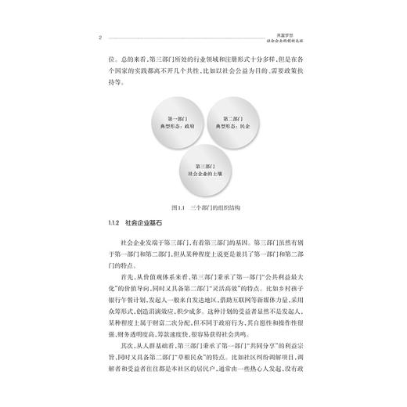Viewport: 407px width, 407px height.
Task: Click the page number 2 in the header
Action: pos(92,35)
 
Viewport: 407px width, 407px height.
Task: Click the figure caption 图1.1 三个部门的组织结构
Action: pos(203,211)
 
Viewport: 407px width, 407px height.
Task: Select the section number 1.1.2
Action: pos(98,225)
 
